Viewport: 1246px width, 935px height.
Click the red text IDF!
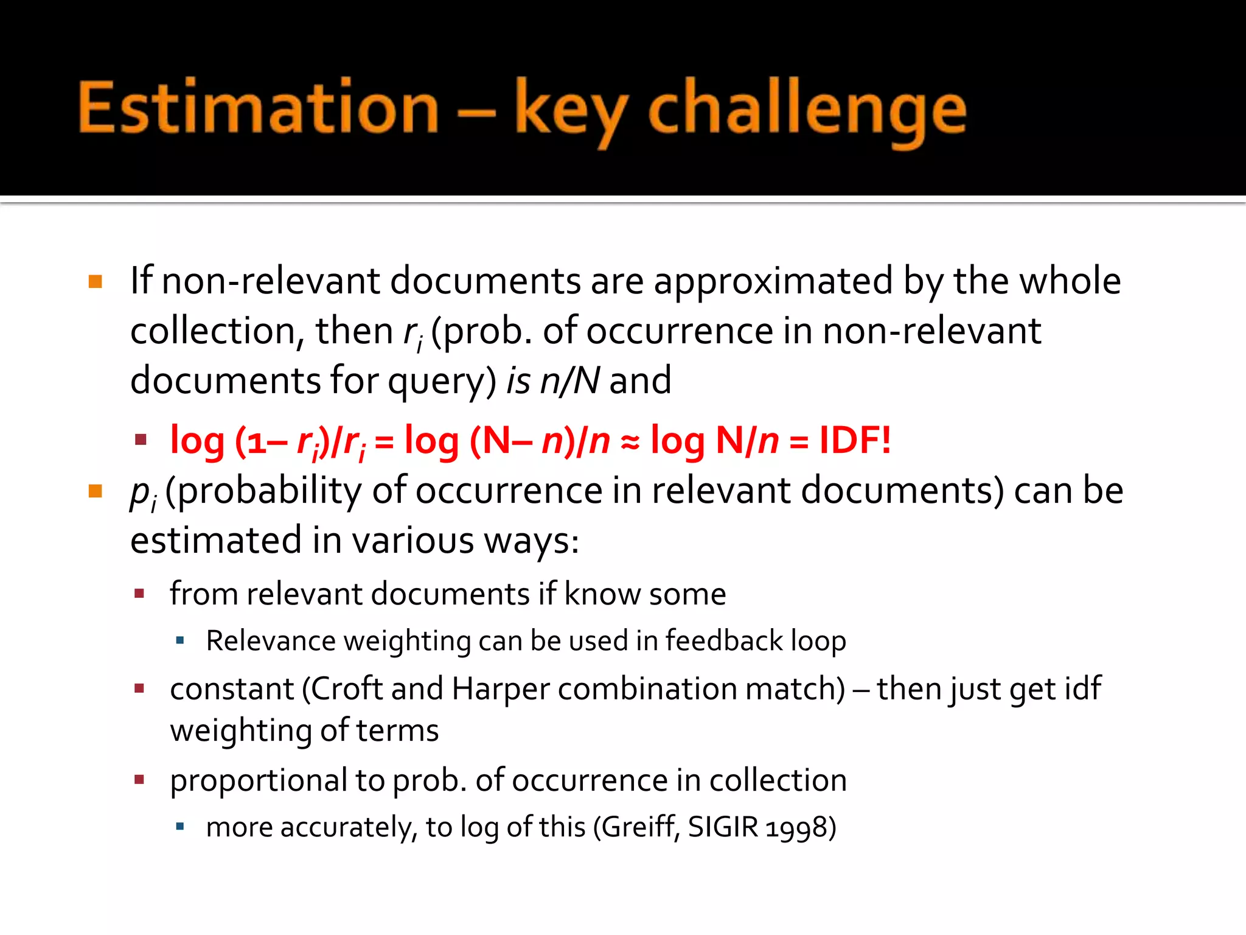pyautogui.click(x=855, y=439)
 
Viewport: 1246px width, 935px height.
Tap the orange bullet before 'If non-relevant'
pyautogui.click(x=96, y=281)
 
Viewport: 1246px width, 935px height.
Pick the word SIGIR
pyautogui.click(x=723, y=827)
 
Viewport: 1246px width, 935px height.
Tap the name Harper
pyautogui.click(x=500, y=689)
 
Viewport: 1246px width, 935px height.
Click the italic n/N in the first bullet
pyautogui.click(x=569, y=381)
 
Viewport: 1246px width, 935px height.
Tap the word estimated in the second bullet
pyautogui.click(x=216, y=541)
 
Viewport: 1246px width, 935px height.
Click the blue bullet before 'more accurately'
pyautogui.click(x=179, y=827)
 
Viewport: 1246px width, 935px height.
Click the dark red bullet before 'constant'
pyautogui.click(x=140, y=689)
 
